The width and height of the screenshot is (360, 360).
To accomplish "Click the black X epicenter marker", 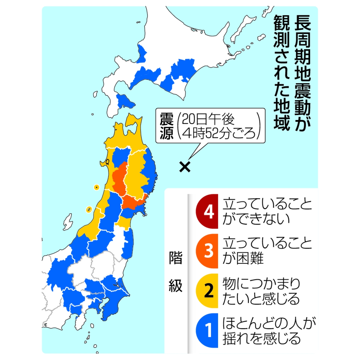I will click(x=185, y=167).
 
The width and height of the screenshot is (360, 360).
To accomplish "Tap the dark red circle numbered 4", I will click(x=208, y=212).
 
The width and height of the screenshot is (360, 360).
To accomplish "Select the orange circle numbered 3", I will click(x=208, y=251).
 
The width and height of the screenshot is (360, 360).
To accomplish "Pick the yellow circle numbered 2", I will click(x=208, y=291).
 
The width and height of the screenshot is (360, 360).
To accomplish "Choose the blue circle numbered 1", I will click(x=208, y=331).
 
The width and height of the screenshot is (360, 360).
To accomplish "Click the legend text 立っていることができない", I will click(x=267, y=212).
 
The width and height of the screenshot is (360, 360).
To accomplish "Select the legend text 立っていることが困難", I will click(x=267, y=251).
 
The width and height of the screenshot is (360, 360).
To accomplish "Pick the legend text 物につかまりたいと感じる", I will click(x=261, y=291).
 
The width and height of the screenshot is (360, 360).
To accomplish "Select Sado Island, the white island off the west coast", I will click(x=68, y=222).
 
